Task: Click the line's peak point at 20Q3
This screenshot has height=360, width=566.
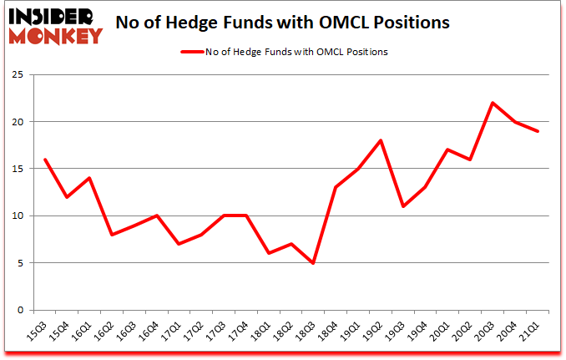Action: tap(493, 103)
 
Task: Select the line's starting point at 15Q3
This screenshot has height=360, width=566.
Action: tap(44, 160)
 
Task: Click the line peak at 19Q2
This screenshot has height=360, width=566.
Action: tap(381, 140)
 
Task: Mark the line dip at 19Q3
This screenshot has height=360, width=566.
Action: tap(402, 206)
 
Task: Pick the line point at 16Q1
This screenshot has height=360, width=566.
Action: tap(89, 178)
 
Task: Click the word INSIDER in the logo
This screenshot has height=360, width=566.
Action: tap(56, 16)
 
